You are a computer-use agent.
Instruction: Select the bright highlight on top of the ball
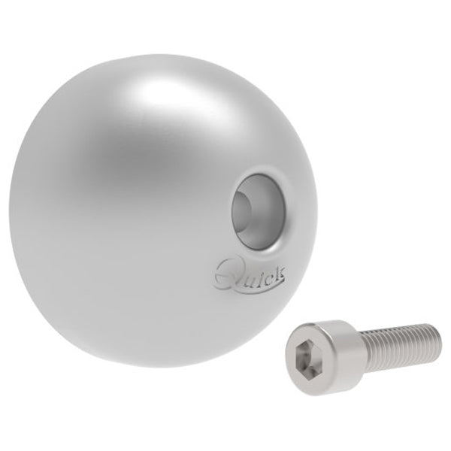tap(154, 90)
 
